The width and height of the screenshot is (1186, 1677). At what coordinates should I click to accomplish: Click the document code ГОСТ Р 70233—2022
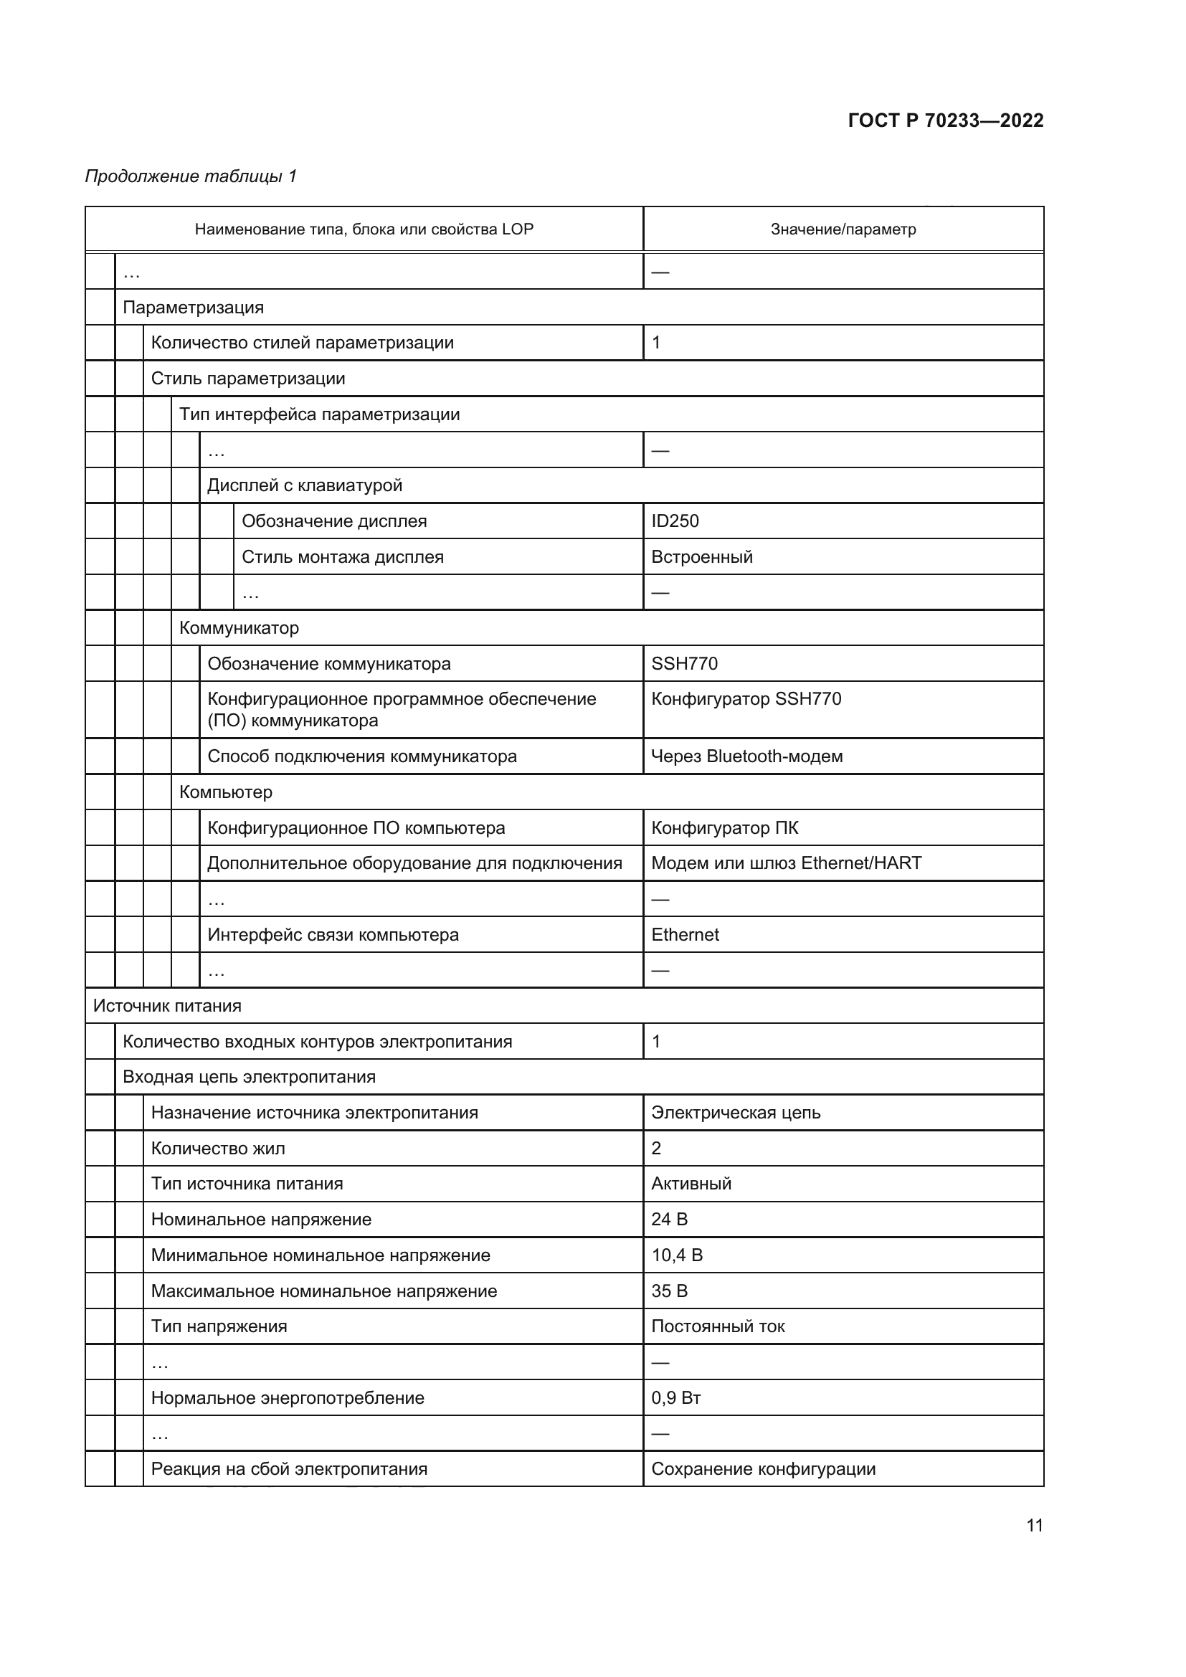click(945, 120)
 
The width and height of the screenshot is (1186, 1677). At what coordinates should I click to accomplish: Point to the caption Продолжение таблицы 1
click(191, 176)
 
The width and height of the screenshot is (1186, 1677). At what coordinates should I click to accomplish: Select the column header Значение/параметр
click(843, 229)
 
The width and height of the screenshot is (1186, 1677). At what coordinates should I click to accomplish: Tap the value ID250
click(675, 521)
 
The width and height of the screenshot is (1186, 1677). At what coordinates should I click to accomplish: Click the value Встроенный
click(702, 556)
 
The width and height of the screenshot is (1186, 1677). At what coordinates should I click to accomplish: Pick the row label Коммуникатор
click(239, 628)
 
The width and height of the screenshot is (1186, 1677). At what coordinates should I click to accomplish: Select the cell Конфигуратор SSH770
click(746, 699)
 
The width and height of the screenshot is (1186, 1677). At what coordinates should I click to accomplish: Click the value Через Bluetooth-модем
click(746, 756)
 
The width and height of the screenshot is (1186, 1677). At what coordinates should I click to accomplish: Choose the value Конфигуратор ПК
click(724, 827)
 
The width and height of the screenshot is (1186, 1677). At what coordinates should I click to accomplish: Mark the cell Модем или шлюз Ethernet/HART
click(786, 863)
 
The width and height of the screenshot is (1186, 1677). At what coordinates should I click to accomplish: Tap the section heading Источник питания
click(166, 1006)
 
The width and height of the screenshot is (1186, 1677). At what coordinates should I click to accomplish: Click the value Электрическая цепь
click(736, 1113)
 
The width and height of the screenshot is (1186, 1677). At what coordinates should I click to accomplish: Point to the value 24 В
click(669, 1219)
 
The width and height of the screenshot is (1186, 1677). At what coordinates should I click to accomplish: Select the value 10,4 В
click(676, 1255)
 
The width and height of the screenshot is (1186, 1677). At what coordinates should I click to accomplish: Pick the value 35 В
click(669, 1291)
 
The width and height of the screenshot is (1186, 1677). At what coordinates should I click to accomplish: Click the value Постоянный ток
click(717, 1326)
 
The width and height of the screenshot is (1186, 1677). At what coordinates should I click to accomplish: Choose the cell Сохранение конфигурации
click(762, 1469)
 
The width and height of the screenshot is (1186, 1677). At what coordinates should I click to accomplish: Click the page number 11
click(1034, 1526)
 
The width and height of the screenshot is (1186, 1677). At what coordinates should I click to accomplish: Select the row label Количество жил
click(218, 1148)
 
